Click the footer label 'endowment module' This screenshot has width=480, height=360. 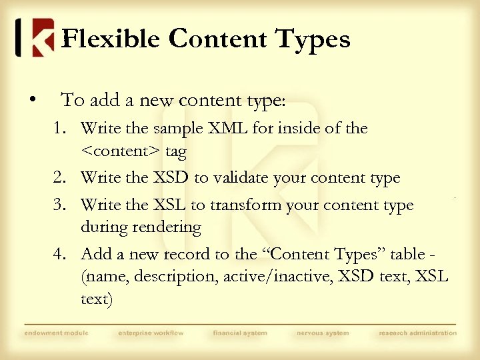[56, 333]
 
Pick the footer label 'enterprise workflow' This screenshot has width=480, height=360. [151, 333]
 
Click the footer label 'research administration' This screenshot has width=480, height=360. [418, 333]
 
